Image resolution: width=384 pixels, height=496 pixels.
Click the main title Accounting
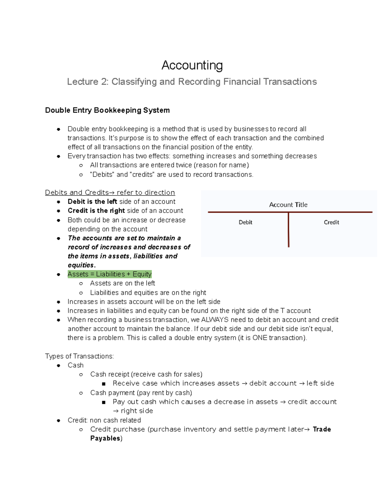[x=192, y=65]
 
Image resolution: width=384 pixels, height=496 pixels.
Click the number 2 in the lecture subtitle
[x=104, y=82]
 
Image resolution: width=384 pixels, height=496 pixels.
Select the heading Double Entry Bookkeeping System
[x=107, y=110]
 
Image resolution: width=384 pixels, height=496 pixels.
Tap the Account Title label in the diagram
[x=288, y=205]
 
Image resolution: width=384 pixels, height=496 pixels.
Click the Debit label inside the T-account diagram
[x=245, y=222]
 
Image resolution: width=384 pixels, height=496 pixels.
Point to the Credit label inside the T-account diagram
[x=331, y=222]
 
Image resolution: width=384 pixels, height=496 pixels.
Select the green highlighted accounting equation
[x=109, y=274]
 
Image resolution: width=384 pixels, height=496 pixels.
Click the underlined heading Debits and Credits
[x=110, y=193]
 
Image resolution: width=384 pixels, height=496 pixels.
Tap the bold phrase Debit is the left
[x=92, y=202]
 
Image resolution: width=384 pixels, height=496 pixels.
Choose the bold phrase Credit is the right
[x=96, y=211]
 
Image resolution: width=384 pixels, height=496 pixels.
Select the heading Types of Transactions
[x=79, y=356]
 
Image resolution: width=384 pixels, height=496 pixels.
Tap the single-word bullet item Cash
[x=76, y=365]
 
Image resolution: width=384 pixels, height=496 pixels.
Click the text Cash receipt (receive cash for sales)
[x=146, y=374]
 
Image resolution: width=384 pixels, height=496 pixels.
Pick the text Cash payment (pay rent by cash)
[x=141, y=393]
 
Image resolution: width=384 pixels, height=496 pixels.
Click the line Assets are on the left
[x=122, y=283]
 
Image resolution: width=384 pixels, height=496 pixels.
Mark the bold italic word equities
[x=81, y=265]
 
